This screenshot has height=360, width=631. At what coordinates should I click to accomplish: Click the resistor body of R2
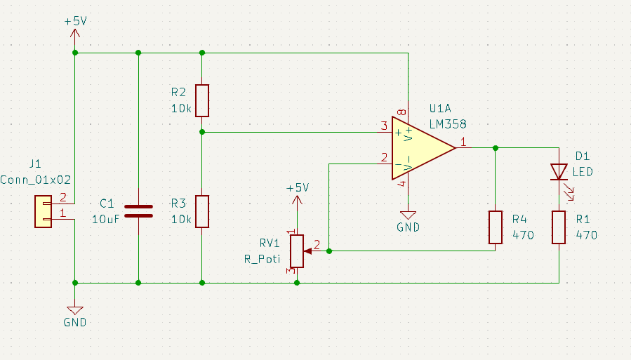pos(202,100)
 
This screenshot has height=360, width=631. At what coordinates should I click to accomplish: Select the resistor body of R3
pos(202,211)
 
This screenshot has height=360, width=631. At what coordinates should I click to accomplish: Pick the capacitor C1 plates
pos(138,211)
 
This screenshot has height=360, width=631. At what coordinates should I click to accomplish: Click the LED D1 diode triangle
pos(559,171)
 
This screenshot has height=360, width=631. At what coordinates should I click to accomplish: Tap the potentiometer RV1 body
pos(297,251)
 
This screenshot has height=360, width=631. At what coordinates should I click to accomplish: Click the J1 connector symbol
pos(44,211)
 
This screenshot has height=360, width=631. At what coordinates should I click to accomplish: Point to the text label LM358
pos(447,124)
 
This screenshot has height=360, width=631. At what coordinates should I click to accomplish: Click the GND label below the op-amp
pos(408,227)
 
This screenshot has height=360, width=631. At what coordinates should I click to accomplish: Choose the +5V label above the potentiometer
pos(297,188)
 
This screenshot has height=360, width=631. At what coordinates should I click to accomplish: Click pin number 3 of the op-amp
pos(383,126)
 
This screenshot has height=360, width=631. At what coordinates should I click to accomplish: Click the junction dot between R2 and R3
pos(202,131)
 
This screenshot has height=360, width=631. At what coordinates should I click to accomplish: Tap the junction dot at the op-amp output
pos(496,148)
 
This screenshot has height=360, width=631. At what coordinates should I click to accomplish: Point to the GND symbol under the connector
pos(74,309)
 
